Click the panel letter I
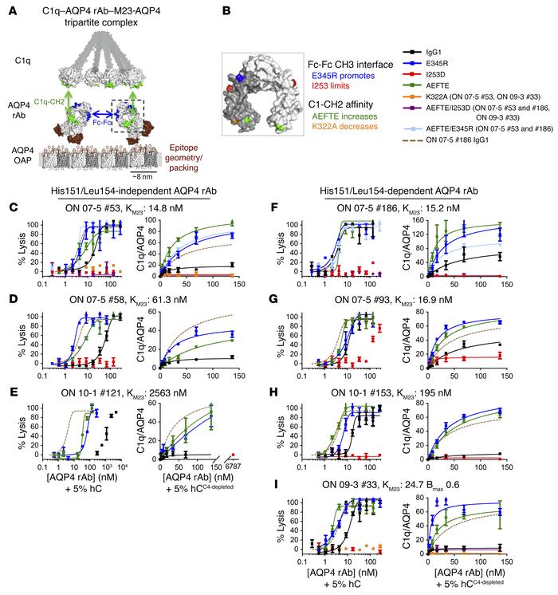tap(296, 475)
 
